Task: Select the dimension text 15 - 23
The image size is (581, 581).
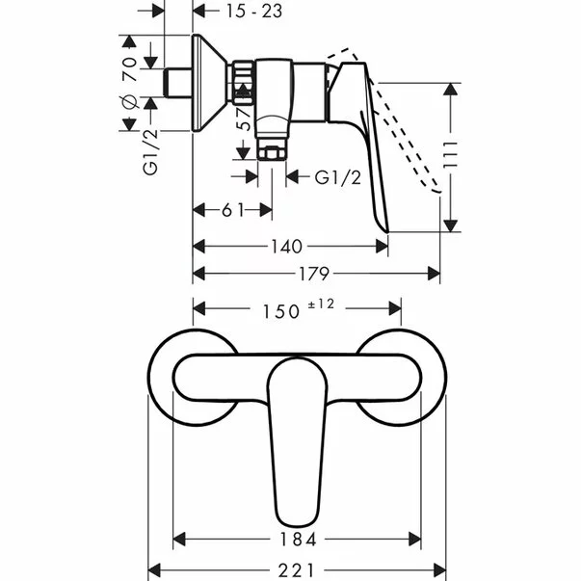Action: [235, 12]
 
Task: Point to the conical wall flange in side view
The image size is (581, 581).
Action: [210, 83]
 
